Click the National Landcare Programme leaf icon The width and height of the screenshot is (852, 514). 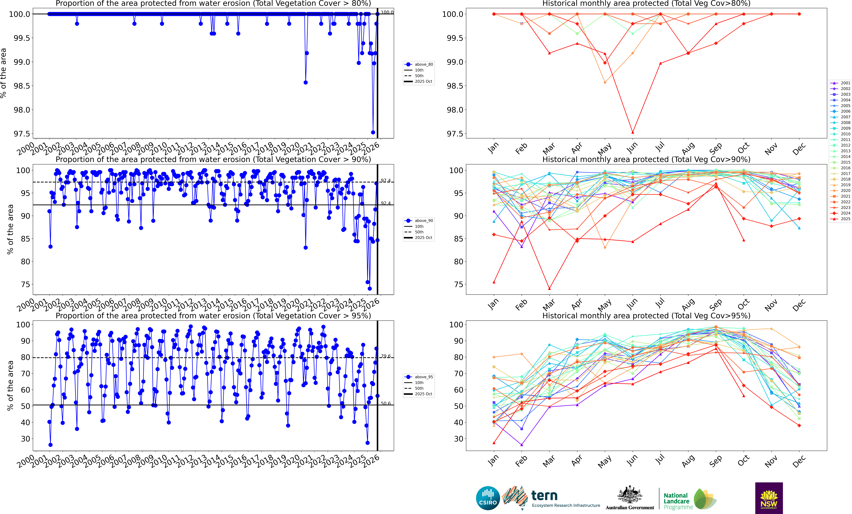[704, 499]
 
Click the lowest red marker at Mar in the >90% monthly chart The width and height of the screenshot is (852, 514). [549, 289]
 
